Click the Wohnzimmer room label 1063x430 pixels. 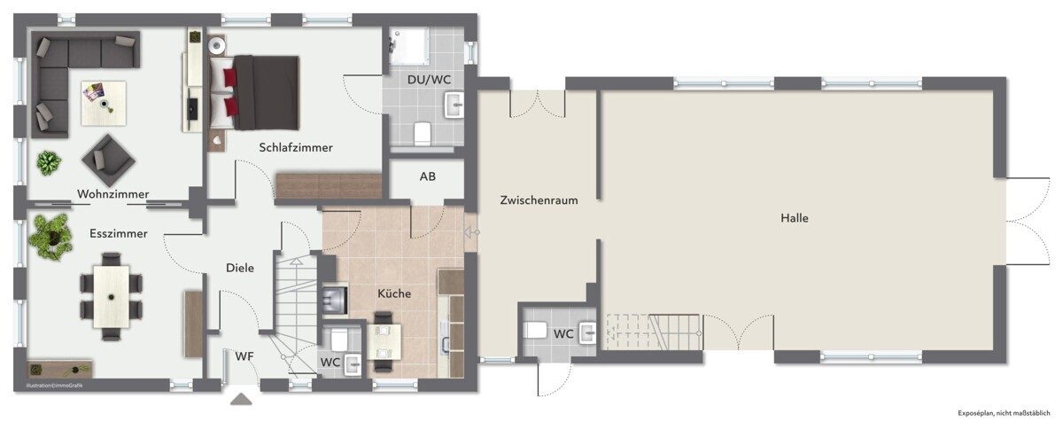[113, 194]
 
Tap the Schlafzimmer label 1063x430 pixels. [296, 147]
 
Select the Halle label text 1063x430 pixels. [795, 218]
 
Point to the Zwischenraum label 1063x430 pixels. [539, 200]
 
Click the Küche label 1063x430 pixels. [394, 293]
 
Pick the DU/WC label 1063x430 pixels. [429, 79]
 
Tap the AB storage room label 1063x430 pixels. [427, 176]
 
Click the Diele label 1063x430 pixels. [240, 268]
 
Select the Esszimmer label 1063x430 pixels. [118, 233]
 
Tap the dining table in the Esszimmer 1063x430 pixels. [111, 296]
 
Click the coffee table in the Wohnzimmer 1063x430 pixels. [104, 103]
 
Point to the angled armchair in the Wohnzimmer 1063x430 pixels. [108, 160]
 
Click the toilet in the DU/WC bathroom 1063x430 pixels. [422, 134]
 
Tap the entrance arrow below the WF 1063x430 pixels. [241, 399]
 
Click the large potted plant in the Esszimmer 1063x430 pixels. [50, 237]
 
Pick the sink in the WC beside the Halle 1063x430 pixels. [588, 332]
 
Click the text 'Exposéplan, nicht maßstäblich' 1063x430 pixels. [1004, 413]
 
